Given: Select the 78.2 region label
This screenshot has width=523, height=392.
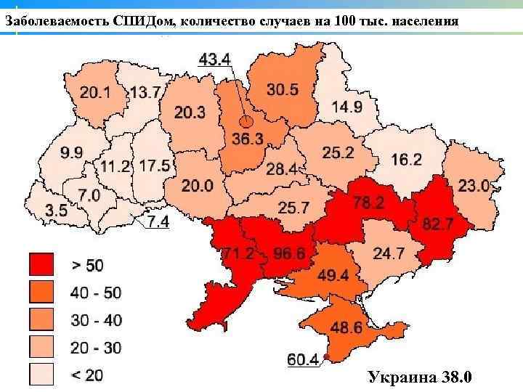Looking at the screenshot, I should [368, 203].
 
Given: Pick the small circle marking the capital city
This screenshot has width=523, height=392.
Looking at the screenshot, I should [246, 121].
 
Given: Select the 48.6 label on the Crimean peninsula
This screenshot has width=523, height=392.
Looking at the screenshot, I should [346, 328].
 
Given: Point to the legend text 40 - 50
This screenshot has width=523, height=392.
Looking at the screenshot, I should [97, 293].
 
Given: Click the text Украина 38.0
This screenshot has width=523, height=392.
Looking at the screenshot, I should [421, 377].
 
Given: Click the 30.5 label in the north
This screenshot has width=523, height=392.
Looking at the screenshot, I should [282, 89].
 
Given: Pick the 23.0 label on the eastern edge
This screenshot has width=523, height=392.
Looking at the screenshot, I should [473, 185].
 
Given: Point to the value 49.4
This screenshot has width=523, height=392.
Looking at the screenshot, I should [333, 274].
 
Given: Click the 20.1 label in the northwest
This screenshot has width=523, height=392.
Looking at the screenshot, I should [95, 93].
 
